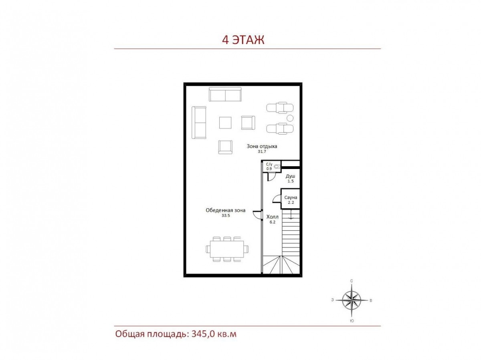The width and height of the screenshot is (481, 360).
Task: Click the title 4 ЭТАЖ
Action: [x=243, y=40]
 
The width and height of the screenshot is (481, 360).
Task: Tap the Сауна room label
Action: [x=291, y=197]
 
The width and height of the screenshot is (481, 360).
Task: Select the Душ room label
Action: [x=290, y=176]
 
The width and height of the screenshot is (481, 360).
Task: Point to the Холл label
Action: [x=273, y=217]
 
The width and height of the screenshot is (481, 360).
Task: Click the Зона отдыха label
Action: [x=262, y=147]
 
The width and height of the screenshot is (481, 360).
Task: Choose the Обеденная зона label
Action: [x=226, y=210]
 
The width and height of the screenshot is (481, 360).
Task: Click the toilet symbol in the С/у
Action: [x=278, y=167]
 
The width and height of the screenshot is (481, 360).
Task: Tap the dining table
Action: [x=227, y=249]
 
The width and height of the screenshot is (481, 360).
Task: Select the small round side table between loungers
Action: [x=290, y=118]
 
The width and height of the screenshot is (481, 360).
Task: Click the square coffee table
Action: [x=225, y=123]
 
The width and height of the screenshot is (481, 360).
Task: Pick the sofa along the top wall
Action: [x=225, y=95]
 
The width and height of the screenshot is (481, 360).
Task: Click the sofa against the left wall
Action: [x=199, y=123]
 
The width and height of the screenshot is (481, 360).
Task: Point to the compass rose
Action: [x=351, y=300]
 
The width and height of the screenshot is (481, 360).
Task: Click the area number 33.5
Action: [x=226, y=215]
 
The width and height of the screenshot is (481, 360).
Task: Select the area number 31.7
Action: [x=262, y=151]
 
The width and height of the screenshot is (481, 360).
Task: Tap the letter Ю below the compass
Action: [x=352, y=321]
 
